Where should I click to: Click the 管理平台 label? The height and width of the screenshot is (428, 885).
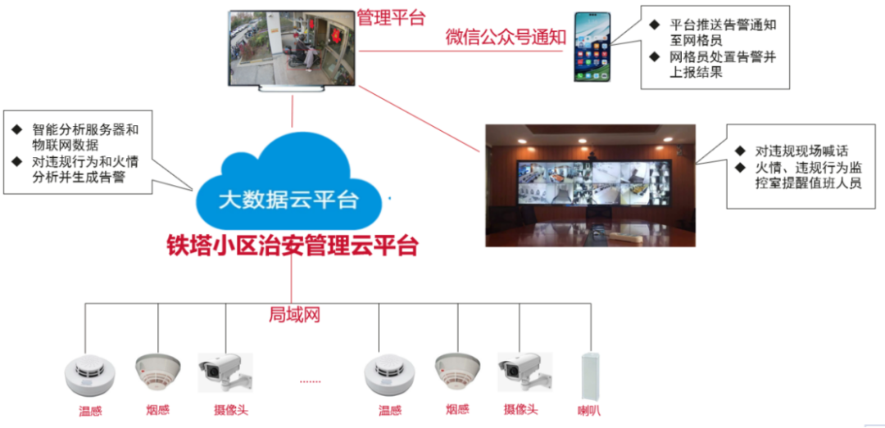393,16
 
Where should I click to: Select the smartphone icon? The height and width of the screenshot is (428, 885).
592,47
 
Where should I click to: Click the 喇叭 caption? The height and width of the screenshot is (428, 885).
588,410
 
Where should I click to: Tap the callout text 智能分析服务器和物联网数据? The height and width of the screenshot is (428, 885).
85,137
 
